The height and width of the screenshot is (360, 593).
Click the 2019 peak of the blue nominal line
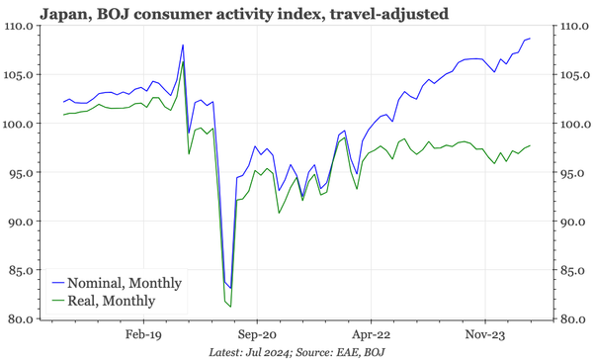[x=183, y=45]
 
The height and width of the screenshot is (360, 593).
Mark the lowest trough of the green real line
[x=231, y=307]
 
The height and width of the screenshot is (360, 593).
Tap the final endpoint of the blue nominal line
[x=530, y=39]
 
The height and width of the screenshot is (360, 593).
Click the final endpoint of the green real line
[x=530, y=145]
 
